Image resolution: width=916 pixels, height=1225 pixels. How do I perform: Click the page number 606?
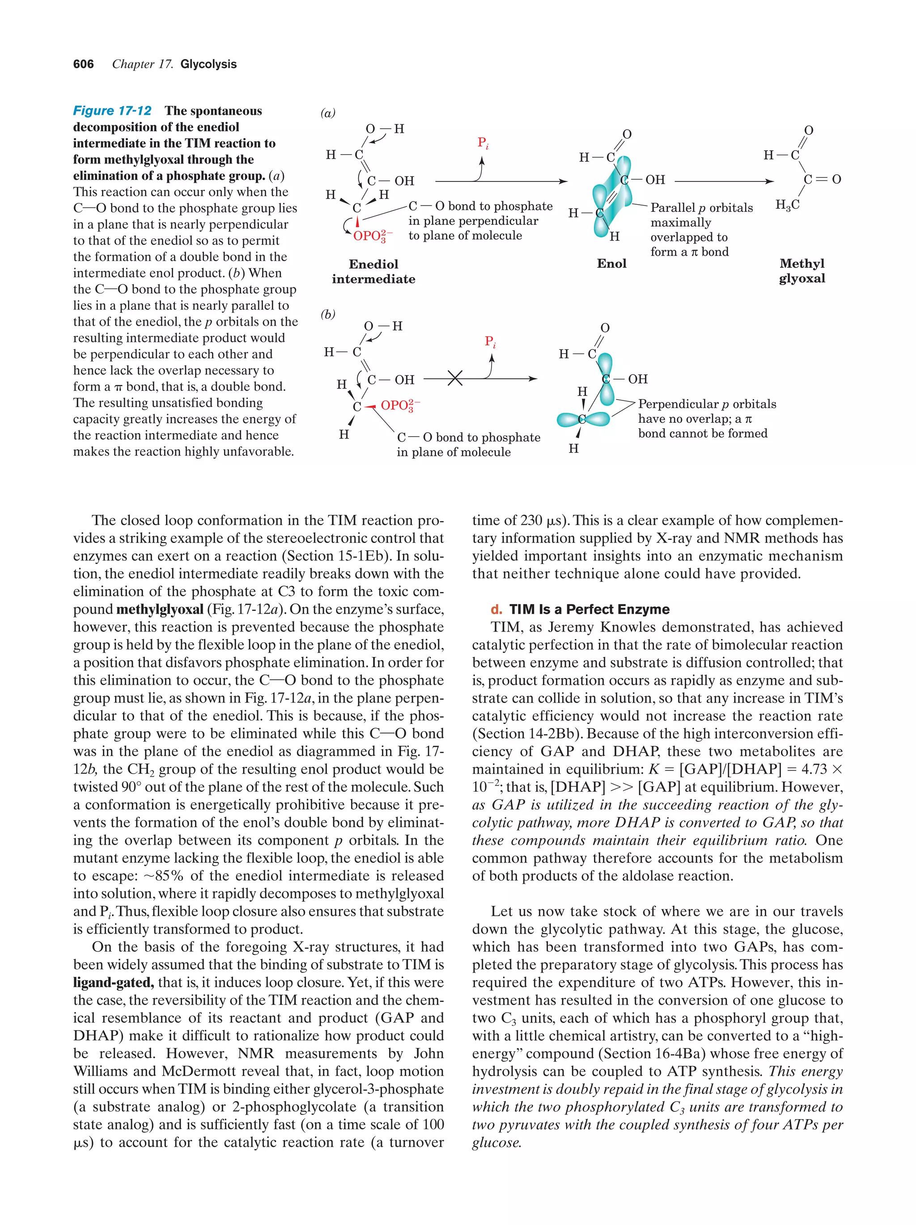click(83, 64)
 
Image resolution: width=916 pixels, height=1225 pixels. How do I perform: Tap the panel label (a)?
click(328, 113)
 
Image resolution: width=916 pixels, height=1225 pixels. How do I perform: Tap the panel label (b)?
click(328, 314)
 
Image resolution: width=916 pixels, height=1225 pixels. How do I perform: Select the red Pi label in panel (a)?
click(483, 143)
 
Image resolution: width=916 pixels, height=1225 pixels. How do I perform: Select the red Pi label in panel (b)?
click(490, 342)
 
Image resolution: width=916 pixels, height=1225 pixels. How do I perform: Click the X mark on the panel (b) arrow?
click(455, 379)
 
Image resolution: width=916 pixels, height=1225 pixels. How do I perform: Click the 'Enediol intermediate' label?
click(373, 271)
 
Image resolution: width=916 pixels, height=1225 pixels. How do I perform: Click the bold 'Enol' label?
click(611, 264)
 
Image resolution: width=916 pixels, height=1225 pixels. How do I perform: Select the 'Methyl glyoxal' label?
click(801, 271)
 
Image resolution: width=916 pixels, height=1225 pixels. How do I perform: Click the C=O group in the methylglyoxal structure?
click(823, 179)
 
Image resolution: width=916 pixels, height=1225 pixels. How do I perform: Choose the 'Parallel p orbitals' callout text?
click(701, 208)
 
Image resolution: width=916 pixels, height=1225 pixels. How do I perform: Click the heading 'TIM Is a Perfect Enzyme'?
click(589, 609)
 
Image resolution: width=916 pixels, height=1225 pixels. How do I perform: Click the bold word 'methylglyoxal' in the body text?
click(160, 609)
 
